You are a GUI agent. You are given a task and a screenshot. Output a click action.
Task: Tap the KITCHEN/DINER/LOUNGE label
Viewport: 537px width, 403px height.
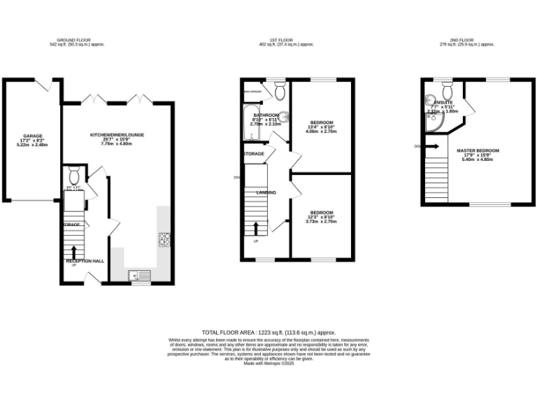click(x=116, y=134)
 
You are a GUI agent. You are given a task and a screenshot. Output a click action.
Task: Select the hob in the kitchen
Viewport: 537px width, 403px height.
click(x=164, y=239)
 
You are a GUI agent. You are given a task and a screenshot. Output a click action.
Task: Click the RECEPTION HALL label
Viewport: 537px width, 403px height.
click(x=85, y=261)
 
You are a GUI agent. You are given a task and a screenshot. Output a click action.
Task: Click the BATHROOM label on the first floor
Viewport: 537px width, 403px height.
click(x=266, y=115)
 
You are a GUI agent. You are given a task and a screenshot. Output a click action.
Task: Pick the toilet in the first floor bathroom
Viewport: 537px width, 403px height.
click(x=280, y=91)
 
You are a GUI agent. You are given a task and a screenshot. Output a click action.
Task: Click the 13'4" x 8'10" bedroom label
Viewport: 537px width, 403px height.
click(x=321, y=122)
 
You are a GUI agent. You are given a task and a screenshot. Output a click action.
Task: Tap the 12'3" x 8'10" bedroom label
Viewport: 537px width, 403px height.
click(x=321, y=212)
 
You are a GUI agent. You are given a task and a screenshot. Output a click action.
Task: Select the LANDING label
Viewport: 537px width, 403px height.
click(x=266, y=192)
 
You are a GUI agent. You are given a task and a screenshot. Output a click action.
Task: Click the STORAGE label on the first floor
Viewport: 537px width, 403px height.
click(x=253, y=153)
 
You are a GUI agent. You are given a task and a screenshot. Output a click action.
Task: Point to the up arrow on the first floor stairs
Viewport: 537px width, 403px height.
click(x=256, y=229)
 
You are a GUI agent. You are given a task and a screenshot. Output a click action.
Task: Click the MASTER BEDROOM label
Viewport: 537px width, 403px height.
click(x=478, y=150)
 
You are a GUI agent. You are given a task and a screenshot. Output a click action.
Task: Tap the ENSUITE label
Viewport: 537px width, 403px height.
click(x=443, y=103)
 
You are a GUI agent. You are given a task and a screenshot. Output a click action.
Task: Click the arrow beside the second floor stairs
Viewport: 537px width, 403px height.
click(x=434, y=146)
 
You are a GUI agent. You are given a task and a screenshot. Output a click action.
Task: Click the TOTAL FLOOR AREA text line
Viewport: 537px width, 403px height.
click(x=269, y=332)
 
